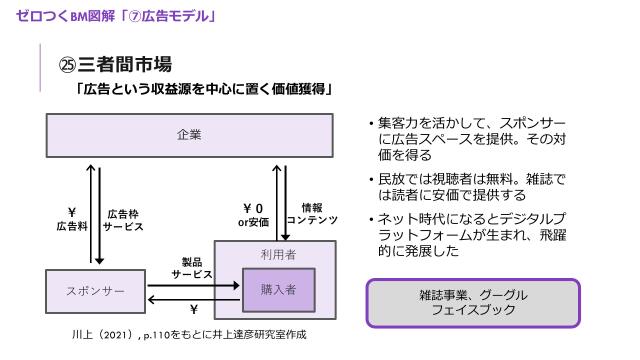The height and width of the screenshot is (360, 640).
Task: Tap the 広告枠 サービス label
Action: pos(124,220)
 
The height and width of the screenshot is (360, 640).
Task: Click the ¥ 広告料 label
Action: pos(72,219)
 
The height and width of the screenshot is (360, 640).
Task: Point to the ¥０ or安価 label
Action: pos(253,214)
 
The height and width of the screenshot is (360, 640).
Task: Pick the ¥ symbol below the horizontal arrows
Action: pos(193,310)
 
